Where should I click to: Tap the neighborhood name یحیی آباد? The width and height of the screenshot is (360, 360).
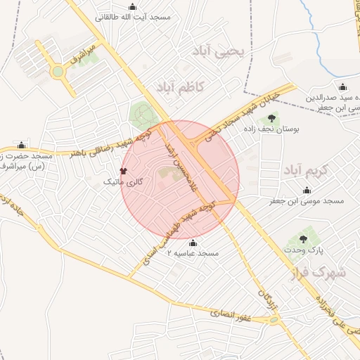(x=221, y=52)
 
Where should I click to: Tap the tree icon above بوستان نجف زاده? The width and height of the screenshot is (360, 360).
(x=272, y=117)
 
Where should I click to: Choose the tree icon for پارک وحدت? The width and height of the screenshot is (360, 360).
(x=304, y=239)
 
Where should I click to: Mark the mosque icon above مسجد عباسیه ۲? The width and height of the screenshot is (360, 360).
(x=193, y=243)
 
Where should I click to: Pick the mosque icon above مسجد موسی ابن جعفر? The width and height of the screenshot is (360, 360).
(x=307, y=190)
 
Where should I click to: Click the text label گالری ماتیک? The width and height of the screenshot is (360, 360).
(x=123, y=182)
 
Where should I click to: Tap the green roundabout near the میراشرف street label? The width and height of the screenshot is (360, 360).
(x=56, y=72)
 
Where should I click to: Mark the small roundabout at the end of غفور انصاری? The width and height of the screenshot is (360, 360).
(x=273, y=321)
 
